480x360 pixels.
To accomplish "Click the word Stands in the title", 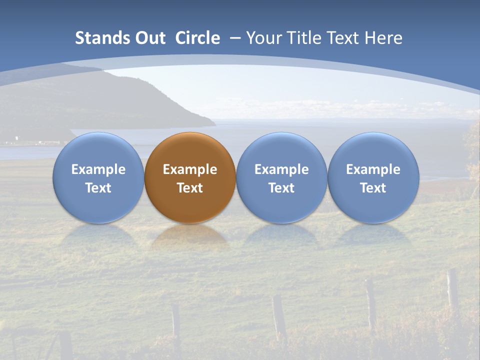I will (x=95, y=38).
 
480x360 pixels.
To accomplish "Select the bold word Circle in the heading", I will (x=197, y=38).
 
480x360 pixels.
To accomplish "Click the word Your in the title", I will (x=261, y=38).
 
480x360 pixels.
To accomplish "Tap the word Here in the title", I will (x=383, y=38).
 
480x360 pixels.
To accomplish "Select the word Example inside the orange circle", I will (x=190, y=169).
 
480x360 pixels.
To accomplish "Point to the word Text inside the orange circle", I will (x=190, y=188).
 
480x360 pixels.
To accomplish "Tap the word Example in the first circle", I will (x=98, y=169).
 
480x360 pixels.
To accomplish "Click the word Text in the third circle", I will (x=281, y=188).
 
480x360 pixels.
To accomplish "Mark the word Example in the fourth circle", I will (x=373, y=169).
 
